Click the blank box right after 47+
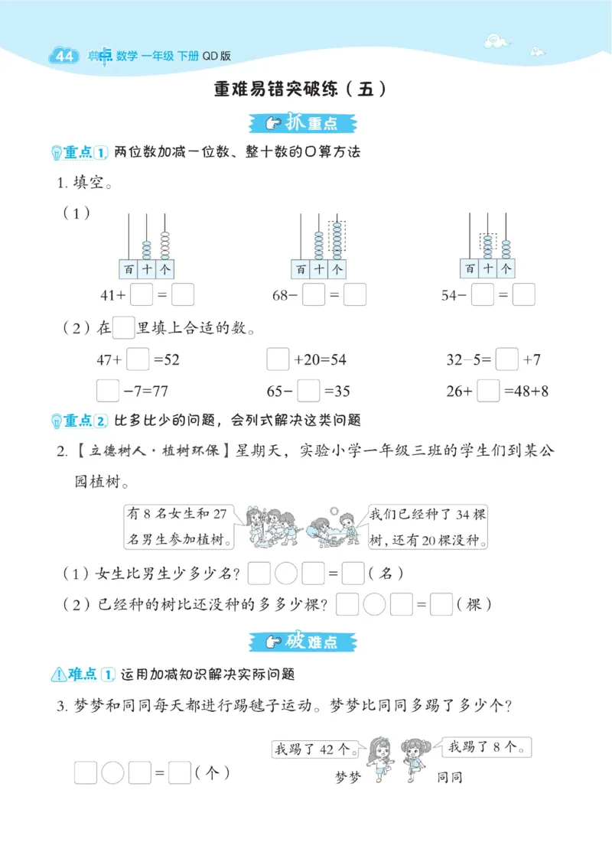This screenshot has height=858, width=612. [x=138, y=359]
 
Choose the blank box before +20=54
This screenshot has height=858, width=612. [x=277, y=359]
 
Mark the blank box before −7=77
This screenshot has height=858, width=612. [x=108, y=392]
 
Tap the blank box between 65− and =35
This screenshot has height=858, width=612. [x=308, y=392]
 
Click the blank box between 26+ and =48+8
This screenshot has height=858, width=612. [x=488, y=392]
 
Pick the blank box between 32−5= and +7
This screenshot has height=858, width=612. [x=507, y=359]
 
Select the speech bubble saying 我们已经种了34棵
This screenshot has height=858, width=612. [x=427, y=526]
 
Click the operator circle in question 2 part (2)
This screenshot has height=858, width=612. [x=374, y=605]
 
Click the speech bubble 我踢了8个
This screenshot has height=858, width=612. [x=487, y=747]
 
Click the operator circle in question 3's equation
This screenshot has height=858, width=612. [x=112, y=773]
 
